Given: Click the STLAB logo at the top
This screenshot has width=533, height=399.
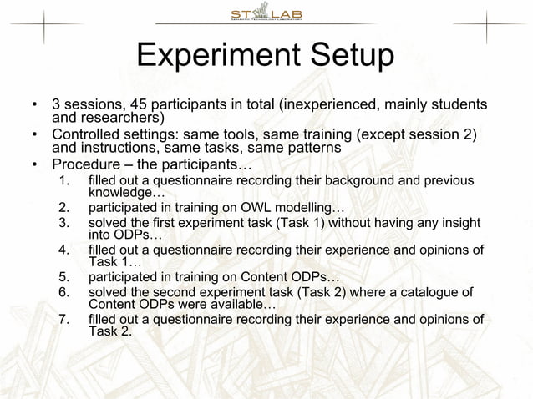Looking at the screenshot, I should [266, 14].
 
